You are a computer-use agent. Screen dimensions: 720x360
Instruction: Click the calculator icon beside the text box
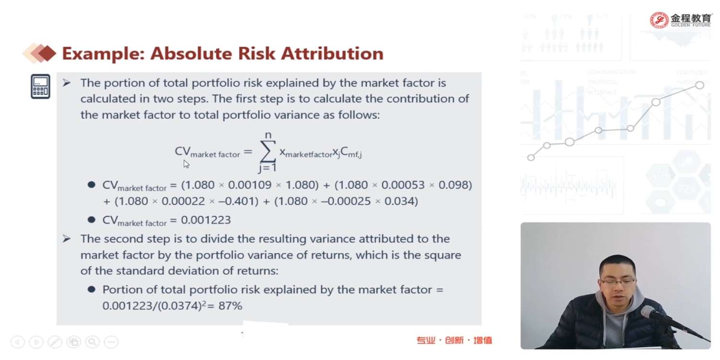pos(40,86)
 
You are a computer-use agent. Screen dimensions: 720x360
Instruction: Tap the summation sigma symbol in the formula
pos(268,151)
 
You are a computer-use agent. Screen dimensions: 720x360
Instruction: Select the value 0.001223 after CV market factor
pos(206,220)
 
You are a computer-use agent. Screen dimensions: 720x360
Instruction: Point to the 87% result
pos(230,306)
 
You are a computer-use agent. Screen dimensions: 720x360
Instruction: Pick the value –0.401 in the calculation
pos(237,201)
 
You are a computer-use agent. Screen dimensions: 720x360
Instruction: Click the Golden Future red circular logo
pos(659,20)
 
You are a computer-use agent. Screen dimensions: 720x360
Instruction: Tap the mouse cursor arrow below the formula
pos(186,164)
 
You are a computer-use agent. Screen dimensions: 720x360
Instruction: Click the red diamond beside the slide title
pos(47,53)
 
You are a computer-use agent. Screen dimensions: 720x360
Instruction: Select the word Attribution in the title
pos(332,54)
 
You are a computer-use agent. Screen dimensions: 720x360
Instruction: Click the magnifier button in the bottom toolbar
pos(93,342)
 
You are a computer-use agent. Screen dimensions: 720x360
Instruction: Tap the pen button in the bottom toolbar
pos(55,342)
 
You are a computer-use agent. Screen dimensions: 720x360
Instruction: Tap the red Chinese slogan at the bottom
pos(454,340)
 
